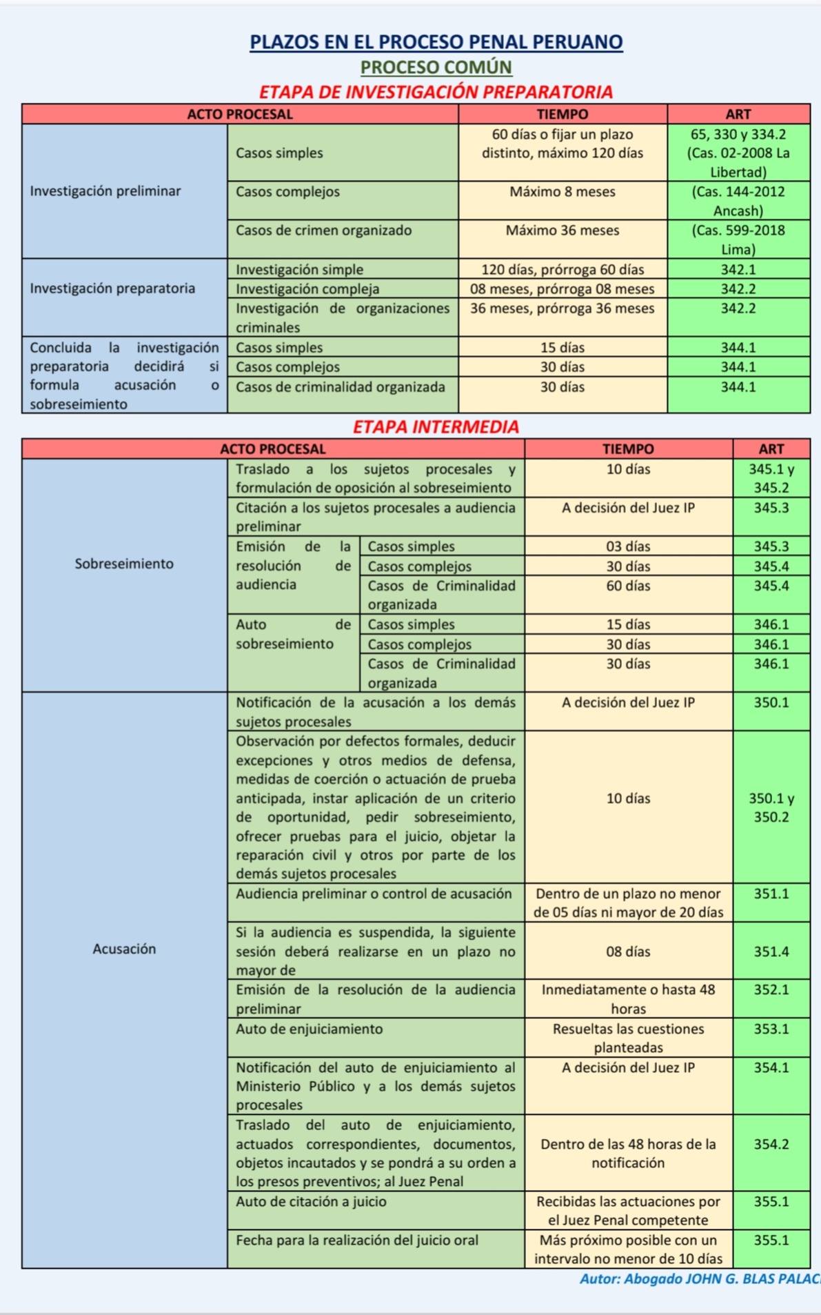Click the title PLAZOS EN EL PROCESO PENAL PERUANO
(436, 42)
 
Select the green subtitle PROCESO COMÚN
(436, 68)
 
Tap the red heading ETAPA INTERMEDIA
(436, 427)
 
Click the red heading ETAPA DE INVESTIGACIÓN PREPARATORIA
(436, 92)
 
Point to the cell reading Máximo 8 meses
(562, 192)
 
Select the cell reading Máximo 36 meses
(562, 230)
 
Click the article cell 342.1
(738, 269)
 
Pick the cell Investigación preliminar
(105, 191)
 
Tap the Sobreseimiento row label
(124, 564)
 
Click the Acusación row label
(124, 949)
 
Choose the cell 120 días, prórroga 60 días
(562, 269)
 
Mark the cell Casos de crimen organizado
(323, 230)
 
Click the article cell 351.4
(771, 951)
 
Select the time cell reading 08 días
(628, 951)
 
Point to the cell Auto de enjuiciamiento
(309, 1029)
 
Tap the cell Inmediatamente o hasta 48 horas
(628, 999)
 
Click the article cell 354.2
(771, 1144)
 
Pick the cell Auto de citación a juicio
(311, 1201)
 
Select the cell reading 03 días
(628, 546)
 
